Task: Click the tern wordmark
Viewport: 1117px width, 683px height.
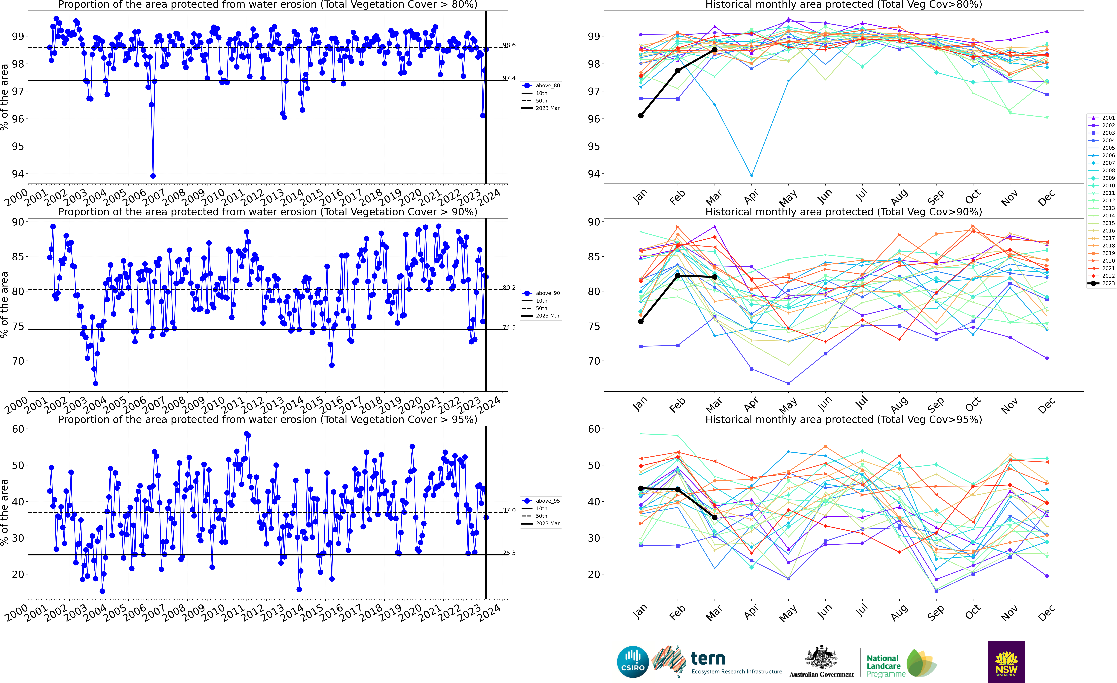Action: [708, 658]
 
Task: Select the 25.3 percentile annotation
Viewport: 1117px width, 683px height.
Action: [509, 553]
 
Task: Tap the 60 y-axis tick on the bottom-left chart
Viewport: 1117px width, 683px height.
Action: [18, 429]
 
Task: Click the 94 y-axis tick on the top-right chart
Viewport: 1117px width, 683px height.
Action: [594, 174]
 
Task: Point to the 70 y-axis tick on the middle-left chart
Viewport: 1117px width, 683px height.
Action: [18, 361]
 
